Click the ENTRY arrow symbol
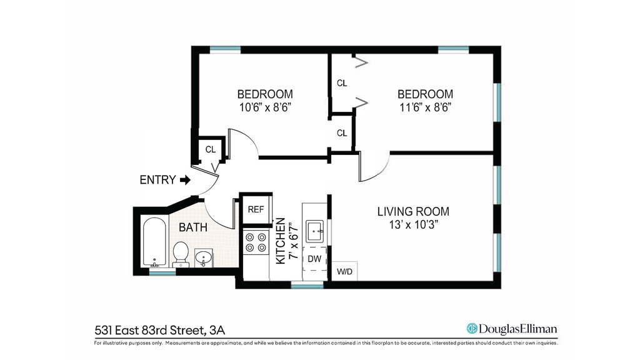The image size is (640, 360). click(185, 180)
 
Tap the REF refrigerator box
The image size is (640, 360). click(256, 209)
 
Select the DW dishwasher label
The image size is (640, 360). click(314, 259)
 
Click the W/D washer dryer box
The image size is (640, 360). click(344, 271)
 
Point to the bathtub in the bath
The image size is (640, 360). click(154, 242)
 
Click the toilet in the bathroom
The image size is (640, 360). click(181, 255)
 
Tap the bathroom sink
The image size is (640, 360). click(203, 258)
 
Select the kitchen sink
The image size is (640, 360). click(315, 231)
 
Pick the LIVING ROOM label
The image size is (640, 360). click(413, 211)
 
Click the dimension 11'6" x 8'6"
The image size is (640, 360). click(425, 107)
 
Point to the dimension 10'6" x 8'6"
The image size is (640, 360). click(265, 107)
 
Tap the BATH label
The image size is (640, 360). click(193, 227)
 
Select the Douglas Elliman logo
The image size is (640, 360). click(512, 329)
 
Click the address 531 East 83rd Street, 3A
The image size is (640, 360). click(159, 330)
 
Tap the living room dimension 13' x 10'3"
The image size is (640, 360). click(414, 224)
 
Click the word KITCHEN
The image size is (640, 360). click(281, 241)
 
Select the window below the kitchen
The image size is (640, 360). click(307, 285)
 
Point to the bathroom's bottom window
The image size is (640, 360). click(162, 271)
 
